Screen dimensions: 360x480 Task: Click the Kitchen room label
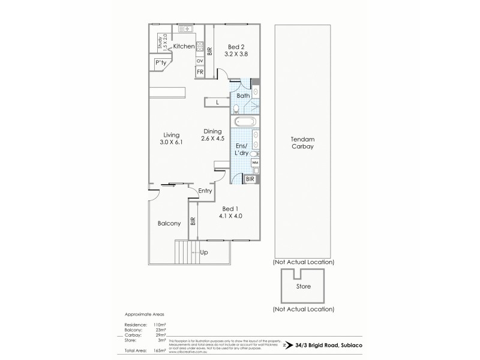tap(184, 46)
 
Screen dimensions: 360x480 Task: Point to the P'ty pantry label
tap(160, 62)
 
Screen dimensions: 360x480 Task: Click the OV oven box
tap(199, 61)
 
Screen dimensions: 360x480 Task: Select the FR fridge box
tap(199, 73)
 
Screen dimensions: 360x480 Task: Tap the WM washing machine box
tap(254, 163)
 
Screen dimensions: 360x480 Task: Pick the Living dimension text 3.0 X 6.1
tap(171, 143)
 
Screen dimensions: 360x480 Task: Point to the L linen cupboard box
tap(217, 103)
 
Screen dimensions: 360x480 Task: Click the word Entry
tap(206, 191)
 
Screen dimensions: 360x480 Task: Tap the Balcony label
tap(169, 223)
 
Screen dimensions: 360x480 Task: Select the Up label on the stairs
tap(204, 253)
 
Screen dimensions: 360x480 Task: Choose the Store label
tap(304, 287)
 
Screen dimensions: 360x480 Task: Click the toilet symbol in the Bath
tap(237, 108)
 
